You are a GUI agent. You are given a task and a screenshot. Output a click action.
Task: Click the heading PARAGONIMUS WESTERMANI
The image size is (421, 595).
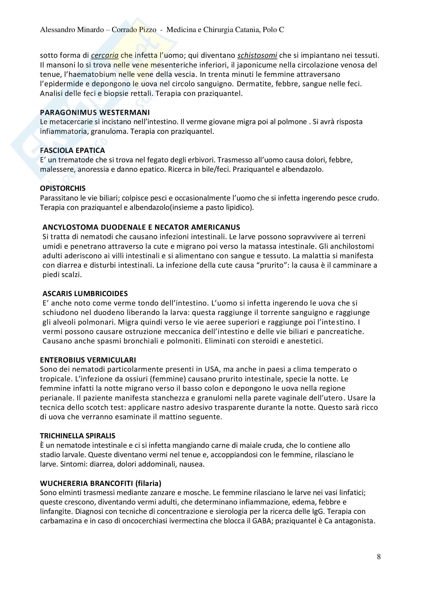tap(95, 112)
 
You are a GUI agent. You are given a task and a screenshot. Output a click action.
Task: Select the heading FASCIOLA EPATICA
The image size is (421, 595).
tap(72, 151)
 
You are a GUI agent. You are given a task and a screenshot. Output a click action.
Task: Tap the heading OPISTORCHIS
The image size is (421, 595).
tap(63, 188)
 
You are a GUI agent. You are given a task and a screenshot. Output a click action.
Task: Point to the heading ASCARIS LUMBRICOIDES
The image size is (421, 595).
tap(85, 294)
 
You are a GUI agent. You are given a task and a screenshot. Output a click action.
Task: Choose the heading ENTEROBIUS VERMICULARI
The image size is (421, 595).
tap(88, 360)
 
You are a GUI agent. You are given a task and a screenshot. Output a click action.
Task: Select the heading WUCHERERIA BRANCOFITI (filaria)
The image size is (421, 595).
tap(101, 483)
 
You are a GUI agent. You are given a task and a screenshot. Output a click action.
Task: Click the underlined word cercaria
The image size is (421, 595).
tap(105, 55)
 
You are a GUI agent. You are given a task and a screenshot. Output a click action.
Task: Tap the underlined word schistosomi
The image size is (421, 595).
tap(257, 55)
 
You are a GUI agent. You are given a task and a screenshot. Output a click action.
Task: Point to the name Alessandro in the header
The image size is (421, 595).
tap(56, 30)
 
